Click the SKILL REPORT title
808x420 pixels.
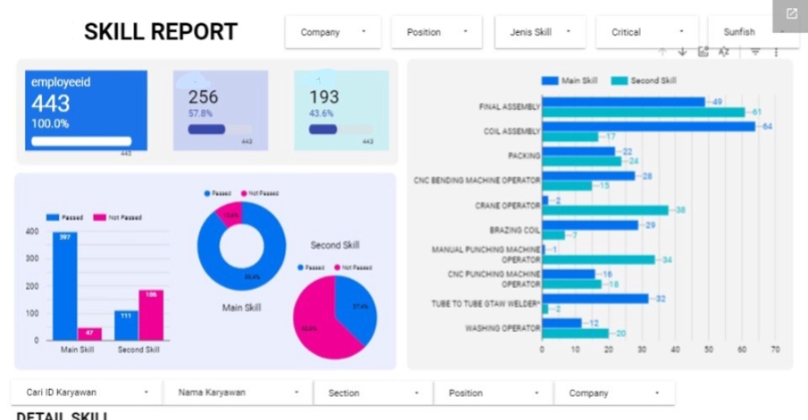point(161,32)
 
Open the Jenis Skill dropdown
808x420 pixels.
point(540,32)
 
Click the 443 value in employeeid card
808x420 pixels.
point(51,104)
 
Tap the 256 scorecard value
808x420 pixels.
point(203,97)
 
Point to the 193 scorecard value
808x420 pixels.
point(324,97)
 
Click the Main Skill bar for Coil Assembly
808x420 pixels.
point(648,126)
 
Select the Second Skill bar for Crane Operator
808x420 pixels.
point(605,210)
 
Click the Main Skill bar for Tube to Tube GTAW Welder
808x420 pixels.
point(595,298)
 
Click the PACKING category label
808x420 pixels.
point(524,156)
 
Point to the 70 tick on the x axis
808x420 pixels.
point(774,348)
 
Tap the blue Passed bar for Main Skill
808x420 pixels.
point(65,286)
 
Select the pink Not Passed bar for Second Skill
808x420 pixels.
point(151,315)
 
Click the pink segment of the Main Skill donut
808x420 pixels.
point(230,215)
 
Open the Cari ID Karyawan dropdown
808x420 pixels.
point(84,392)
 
